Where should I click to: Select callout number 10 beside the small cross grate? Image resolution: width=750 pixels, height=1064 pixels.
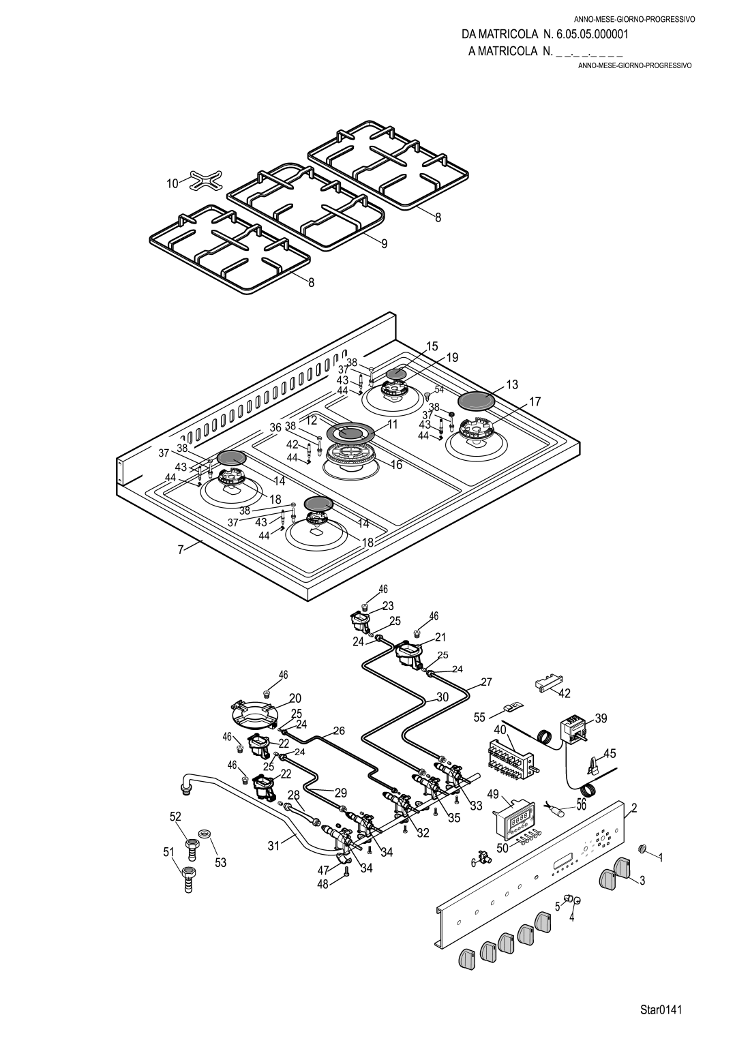pyautogui.click(x=172, y=183)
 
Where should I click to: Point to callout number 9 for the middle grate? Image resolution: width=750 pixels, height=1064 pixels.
pyautogui.click(x=384, y=243)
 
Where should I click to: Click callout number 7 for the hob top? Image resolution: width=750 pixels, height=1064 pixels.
pyautogui.click(x=181, y=551)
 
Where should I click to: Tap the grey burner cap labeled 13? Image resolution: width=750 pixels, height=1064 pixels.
pyautogui.click(x=476, y=400)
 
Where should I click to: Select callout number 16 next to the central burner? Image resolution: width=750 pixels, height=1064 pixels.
pyautogui.click(x=396, y=465)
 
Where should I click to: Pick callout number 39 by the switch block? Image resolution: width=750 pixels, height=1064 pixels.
pyautogui.click(x=601, y=718)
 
